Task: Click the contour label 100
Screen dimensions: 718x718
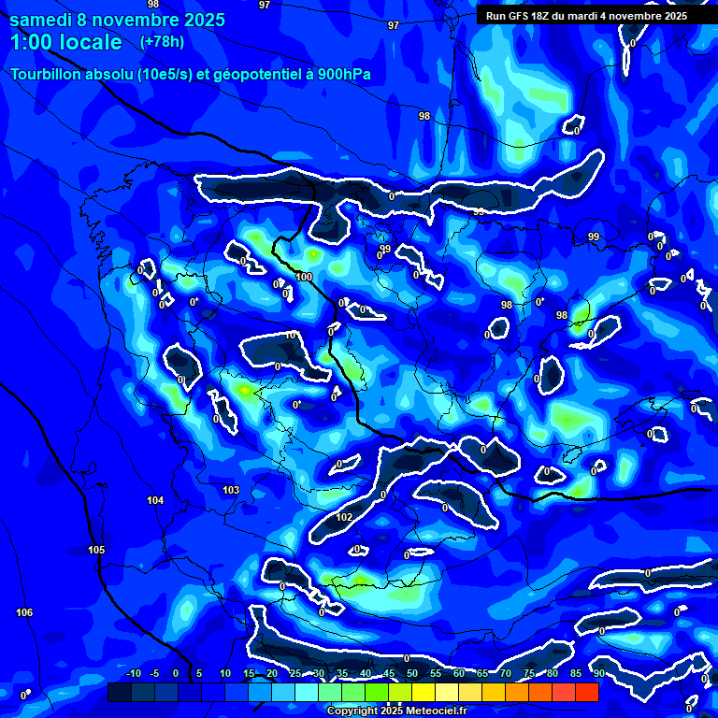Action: [304, 277]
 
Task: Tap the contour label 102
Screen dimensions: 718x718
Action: [344, 517]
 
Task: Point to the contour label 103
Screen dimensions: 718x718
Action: [232, 490]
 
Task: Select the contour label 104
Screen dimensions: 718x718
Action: [155, 501]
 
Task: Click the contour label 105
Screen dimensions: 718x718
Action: [96, 550]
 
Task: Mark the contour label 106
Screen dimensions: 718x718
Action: [24, 612]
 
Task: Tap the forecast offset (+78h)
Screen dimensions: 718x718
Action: [162, 42]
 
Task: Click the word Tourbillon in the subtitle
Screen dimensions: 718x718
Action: [44, 74]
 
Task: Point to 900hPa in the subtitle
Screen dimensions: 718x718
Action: [331, 74]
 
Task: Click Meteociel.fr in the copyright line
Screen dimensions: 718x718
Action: [424, 711]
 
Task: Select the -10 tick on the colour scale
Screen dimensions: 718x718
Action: [133, 674]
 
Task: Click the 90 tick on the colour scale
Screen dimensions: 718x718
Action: [598, 674]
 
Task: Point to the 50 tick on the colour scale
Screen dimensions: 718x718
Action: [411, 674]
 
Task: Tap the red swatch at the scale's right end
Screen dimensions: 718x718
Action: [586, 692]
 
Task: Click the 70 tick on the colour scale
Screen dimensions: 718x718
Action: [505, 674]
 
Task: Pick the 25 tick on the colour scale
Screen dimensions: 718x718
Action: [294, 674]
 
